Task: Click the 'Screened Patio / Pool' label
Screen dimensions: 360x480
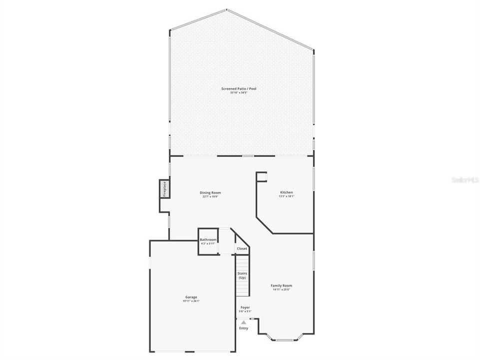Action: pyautogui.click(x=239, y=88)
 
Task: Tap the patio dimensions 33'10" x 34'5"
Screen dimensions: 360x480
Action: pyautogui.click(x=239, y=93)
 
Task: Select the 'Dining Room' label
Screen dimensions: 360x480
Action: pyautogui.click(x=210, y=192)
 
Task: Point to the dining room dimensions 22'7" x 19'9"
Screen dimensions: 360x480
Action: pyautogui.click(x=210, y=197)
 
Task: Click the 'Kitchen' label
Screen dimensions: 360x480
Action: pyautogui.click(x=286, y=192)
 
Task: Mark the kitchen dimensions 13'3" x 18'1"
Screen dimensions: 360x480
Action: pyautogui.click(x=286, y=197)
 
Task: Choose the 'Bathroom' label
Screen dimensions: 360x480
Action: pyautogui.click(x=208, y=240)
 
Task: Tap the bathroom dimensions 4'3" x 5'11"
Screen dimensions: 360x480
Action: pyautogui.click(x=208, y=244)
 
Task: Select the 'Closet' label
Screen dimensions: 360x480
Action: pyautogui.click(x=242, y=248)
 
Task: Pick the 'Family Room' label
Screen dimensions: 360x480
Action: pyautogui.click(x=282, y=285)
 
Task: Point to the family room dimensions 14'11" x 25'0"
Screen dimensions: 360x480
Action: pyautogui.click(x=282, y=290)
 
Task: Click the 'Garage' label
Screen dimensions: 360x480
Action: pyautogui.click(x=191, y=297)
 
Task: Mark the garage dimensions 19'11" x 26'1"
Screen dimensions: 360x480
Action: pyautogui.click(x=191, y=301)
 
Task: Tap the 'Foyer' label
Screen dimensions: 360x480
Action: pyautogui.click(x=245, y=307)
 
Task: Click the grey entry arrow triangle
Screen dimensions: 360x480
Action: pyautogui.click(x=243, y=322)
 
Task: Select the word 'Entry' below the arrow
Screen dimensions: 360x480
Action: pyautogui.click(x=243, y=328)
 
